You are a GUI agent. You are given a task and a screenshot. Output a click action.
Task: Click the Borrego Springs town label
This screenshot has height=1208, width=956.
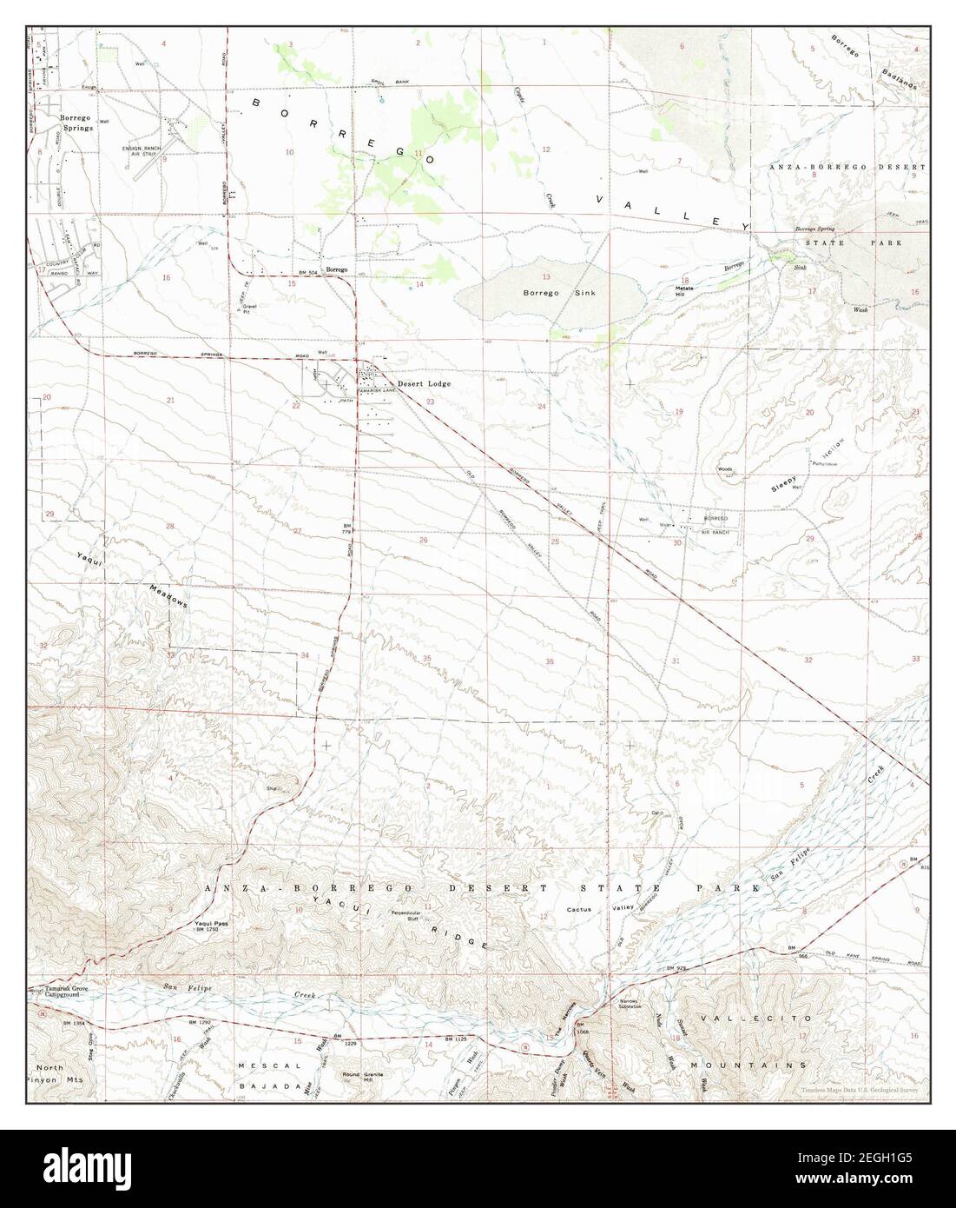click(76, 122)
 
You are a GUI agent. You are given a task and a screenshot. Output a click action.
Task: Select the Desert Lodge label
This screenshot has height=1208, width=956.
click(424, 384)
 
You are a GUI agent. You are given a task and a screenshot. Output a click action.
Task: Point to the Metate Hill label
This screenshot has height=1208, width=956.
click(692, 292)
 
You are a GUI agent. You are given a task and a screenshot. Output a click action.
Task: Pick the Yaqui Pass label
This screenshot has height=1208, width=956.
click(210, 925)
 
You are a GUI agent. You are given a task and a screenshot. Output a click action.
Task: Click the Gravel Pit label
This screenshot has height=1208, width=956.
click(251, 309)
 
